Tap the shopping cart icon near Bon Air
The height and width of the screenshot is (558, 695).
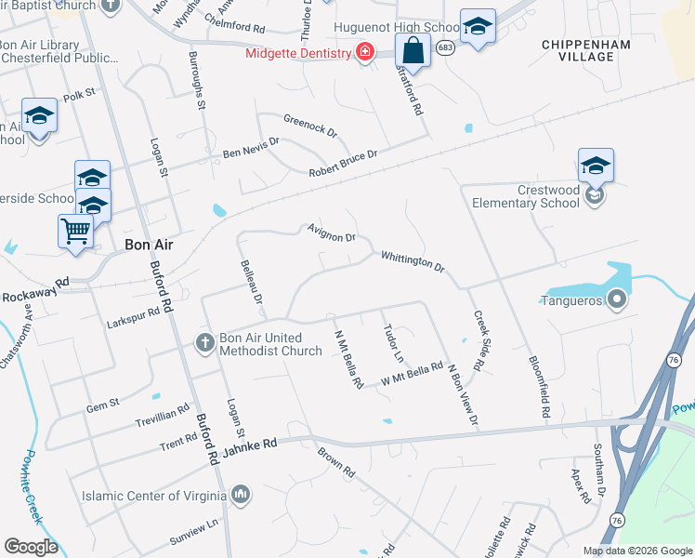click(x=75, y=230)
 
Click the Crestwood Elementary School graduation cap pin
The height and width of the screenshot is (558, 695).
click(x=596, y=166)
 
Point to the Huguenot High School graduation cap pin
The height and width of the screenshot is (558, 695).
click(x=478, y=26)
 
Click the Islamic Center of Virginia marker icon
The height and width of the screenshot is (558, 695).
click(x=241, y=493)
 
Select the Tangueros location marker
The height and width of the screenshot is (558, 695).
click(x=614, y=299)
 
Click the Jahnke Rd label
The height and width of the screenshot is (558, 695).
click(x=250, y=447)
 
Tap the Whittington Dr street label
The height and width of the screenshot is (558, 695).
click(x=412, y=261)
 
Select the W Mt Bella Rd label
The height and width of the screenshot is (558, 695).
click(x=412, y=375)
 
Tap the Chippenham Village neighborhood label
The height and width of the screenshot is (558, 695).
click(x=586, y=50)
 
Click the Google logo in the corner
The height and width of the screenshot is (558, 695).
click(x=32, y=546)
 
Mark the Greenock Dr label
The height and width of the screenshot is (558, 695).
click(x=310, y=126)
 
